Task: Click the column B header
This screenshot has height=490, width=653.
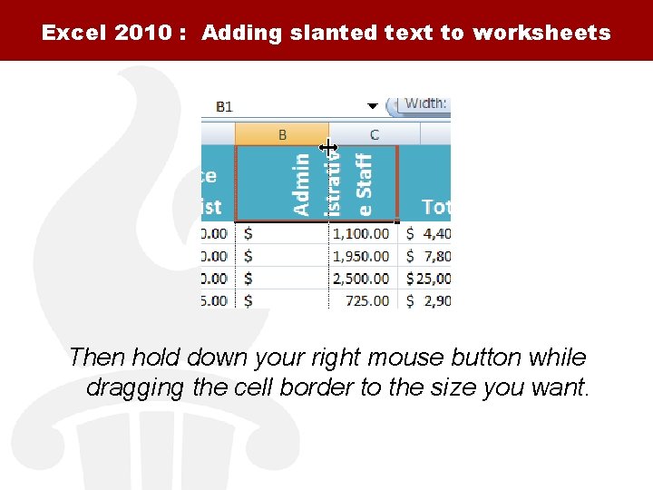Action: click(x=282, y=134)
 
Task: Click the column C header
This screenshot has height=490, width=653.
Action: click(x=374, y=134)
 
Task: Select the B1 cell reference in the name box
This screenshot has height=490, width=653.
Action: click(x=224, y=106)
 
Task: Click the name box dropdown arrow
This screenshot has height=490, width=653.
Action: click(x=372, y=106)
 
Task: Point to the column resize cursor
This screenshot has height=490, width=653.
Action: click(x=328, y=147)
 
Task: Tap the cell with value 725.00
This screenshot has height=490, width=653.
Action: click(x=367, y=299)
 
